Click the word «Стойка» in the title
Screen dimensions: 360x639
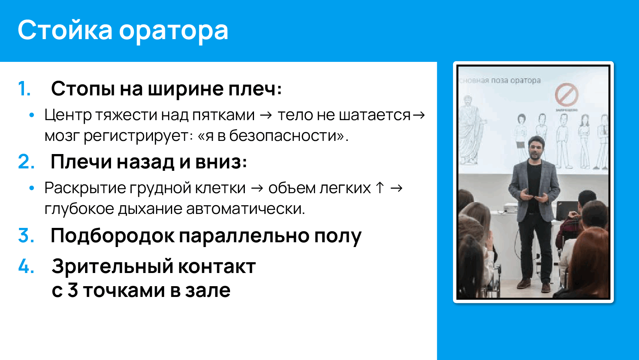pos(65,30)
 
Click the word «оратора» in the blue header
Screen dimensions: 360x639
pos(173,31)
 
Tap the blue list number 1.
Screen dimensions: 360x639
pos(24,89)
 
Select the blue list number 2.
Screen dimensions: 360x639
pos(26,162)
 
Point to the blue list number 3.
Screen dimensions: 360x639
pos(26,235)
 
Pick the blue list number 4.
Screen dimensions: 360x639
pos(26,266)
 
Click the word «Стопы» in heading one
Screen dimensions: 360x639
pos(83,89)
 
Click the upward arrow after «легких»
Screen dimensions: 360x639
pos(380,188)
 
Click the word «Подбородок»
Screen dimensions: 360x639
pos(112,235)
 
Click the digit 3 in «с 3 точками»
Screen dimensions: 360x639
pos(72,291)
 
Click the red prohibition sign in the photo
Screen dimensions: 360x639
pos(566,95)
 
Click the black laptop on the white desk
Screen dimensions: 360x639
pos(566,210)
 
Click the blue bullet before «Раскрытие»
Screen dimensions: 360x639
pos(32,188)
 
